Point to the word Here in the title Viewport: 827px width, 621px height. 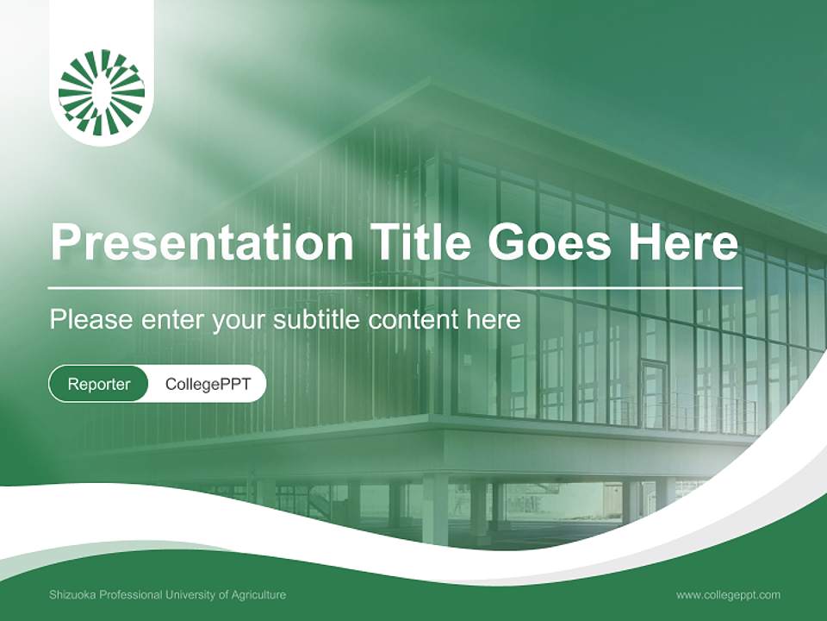coord(682,242)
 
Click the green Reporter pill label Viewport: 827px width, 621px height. coord(99,384)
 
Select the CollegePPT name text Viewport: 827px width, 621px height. coord(208,384)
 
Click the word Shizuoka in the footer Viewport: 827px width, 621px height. coord(74,595)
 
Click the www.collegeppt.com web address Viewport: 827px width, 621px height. coord(728,595)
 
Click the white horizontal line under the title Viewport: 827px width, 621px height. coord(395,287)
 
